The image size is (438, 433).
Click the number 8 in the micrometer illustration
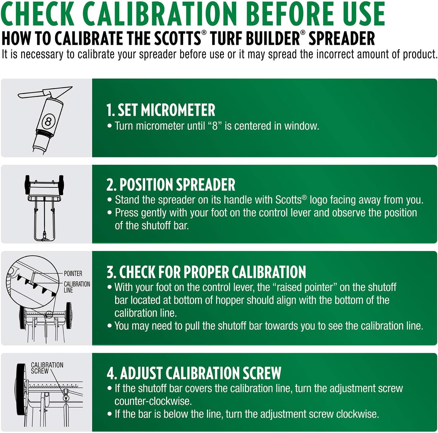coord(48,122)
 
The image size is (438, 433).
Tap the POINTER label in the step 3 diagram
coord(73,273)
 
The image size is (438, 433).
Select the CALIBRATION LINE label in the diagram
coord(77,287)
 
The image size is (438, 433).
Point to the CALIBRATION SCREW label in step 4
coord(47,368)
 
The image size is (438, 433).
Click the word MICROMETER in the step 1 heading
coord(178,110)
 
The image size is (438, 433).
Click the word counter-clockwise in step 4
coord(153,401)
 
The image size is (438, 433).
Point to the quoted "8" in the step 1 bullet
coord(215,126)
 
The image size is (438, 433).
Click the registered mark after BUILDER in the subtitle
coord(302,33)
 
